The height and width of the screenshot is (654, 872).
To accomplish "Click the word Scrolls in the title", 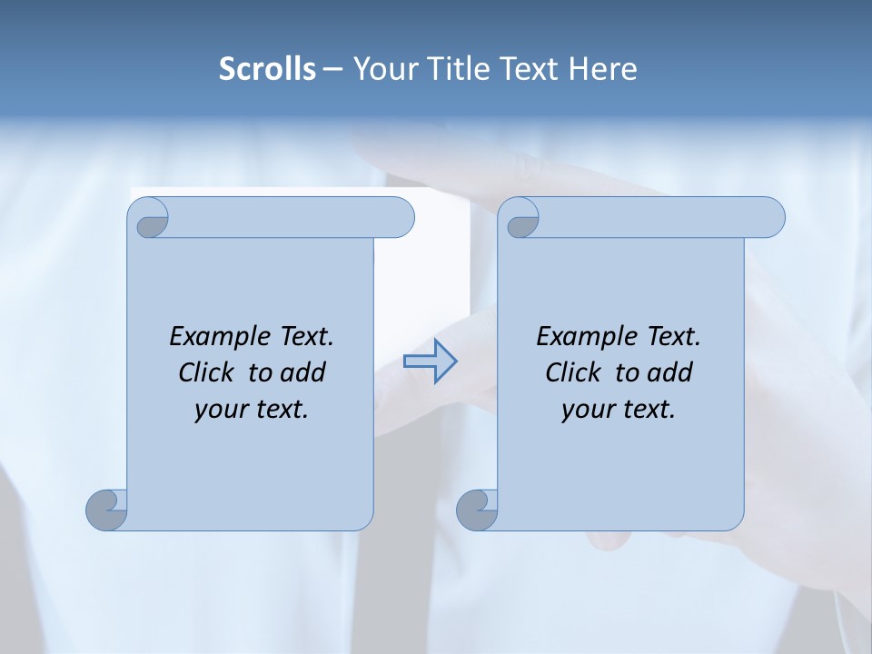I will point(268,69).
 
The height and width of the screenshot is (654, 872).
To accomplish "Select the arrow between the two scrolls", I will point(430,362).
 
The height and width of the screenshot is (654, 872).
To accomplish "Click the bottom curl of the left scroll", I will point(107,510).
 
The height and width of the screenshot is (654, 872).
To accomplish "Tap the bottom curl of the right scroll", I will point(478,510).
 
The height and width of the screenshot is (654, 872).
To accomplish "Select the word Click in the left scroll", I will point(208,372).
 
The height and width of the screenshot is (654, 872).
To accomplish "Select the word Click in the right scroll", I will point(574,372).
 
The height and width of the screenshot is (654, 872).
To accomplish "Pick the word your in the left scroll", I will point(219,410).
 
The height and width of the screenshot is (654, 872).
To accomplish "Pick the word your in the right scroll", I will point(586,410).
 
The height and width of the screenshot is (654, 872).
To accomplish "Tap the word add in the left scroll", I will point(303,372).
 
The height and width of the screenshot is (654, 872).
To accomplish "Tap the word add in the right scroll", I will point(670,372).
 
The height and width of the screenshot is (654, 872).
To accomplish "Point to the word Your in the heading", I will point(383,69).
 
